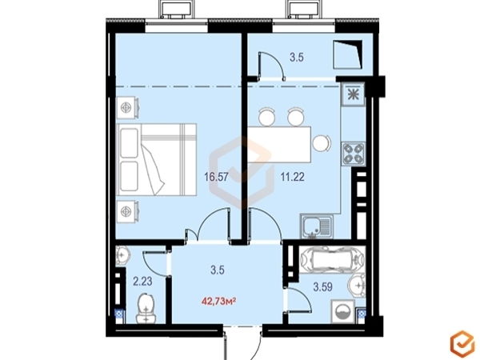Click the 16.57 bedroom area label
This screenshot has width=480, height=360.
click(x=216, y=177)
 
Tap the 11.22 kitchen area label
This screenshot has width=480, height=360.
click(x=293, y=177)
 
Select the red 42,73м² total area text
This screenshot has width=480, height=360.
click(x=218, y=302)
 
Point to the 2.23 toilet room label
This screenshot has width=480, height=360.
click(x=142, y=281)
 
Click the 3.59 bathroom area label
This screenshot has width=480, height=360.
click(x=323, y=287)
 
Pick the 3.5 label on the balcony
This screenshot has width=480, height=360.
click(x=297, y=58)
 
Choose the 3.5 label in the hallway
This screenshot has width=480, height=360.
click(x=218, y=270)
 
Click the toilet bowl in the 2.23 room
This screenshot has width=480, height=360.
click(x=146, y=308)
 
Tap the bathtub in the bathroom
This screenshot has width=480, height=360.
click(x=333, y=260)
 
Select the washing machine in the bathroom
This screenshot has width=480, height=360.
click(x=343, y=312)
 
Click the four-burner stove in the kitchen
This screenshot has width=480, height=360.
click(x=354, y=154)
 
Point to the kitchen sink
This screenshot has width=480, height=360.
click(x=317, y=226)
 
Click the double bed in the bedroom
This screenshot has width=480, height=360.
click(x=157, y=159)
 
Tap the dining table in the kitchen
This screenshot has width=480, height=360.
click(x=280, y=144)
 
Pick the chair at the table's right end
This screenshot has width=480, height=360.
click(x=322, y=143)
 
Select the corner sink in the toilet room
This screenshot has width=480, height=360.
click(x=123, y=255)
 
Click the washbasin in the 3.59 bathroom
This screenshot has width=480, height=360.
click(x=357, y=286)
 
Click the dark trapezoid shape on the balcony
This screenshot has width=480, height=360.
click(x=348, y=54)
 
